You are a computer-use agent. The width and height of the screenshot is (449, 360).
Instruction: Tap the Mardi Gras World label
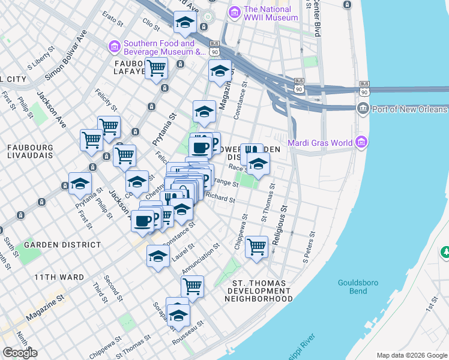[x=321, y=143]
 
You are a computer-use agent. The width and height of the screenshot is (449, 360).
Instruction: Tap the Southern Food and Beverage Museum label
[x=158, y=47]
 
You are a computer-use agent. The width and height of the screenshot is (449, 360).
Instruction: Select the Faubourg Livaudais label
[x=30, y=151]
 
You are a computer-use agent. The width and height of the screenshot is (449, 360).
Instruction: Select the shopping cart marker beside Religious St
[x=257, y=246]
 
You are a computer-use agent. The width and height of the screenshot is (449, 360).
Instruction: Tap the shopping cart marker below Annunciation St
[x=192, y=287]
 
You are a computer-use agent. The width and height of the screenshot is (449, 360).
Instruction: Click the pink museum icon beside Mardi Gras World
[x=361, y=142]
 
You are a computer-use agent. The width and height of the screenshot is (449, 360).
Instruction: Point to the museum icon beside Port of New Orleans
[x=363, y=109]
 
